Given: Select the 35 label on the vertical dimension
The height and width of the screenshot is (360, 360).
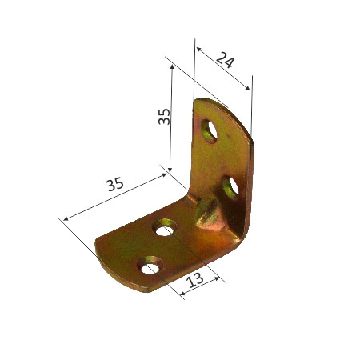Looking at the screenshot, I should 162,117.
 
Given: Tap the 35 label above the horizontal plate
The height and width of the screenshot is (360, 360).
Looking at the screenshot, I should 115,184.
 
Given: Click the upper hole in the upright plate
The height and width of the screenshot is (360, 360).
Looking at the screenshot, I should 212,129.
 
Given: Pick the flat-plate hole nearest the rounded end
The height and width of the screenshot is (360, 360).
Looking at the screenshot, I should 150,263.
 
